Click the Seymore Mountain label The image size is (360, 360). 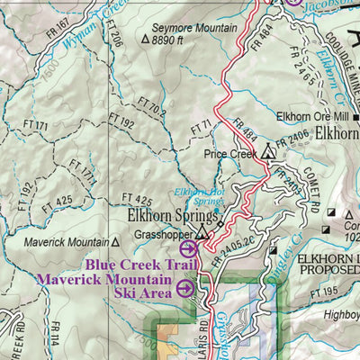click(x=189, y=28)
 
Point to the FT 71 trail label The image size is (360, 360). click(x=205, y=123)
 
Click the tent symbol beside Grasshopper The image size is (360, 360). click(x=202, y=233)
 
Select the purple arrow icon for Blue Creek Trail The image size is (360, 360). click(x=188, y=249)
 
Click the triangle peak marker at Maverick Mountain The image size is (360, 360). click(x=114, y=242)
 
